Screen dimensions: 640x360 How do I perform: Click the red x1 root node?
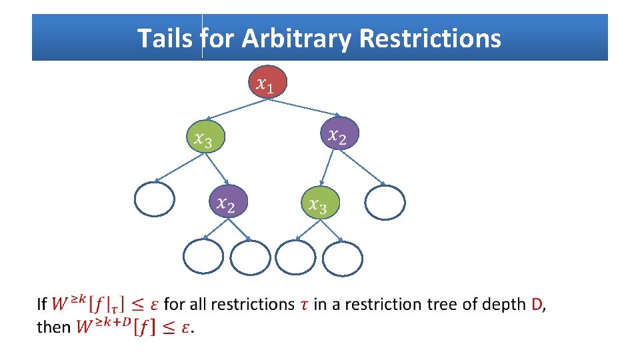[267, 83]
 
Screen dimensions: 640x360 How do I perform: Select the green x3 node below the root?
[204, 138]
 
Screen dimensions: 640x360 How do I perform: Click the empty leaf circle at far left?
[155, 199]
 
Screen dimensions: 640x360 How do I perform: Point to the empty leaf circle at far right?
[385, 202]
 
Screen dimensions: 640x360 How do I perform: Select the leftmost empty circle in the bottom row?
[203, 256]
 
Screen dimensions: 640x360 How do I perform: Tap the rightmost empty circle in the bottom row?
[343, 257]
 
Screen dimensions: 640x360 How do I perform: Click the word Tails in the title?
[166, 39]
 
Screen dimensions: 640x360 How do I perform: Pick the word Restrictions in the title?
[429, 39]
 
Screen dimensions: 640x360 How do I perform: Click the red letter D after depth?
[537, 305]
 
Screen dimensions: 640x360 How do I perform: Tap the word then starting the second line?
[53, 327]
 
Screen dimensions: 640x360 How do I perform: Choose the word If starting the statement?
[42, 305]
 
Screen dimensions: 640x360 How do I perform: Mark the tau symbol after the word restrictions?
[304, 305]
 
